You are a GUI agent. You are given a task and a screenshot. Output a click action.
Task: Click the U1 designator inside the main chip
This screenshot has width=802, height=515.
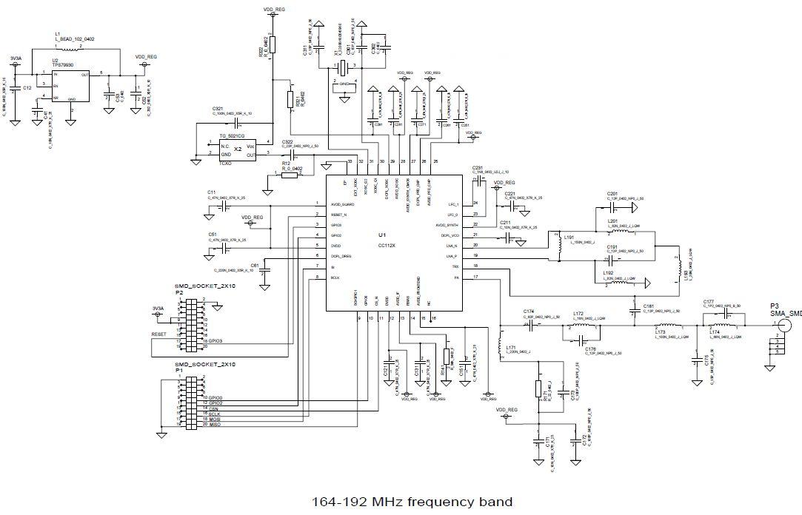382,235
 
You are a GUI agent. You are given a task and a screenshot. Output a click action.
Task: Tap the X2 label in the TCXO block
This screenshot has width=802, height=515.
238,149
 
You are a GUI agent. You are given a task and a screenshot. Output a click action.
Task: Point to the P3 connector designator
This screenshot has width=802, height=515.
774,306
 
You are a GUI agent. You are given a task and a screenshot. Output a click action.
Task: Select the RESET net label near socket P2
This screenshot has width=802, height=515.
159,334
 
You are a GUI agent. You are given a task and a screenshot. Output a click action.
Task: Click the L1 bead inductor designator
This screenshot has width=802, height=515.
58,34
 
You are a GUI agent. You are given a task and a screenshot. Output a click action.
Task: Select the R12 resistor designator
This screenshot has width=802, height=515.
286,164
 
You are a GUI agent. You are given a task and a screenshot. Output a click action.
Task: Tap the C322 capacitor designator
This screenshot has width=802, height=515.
287,141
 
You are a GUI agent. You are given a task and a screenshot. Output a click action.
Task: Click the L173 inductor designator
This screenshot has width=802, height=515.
661,332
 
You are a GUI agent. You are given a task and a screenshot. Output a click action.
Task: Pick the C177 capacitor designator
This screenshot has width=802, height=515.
709,302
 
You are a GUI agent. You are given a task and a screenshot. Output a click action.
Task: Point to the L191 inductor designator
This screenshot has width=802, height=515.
569,238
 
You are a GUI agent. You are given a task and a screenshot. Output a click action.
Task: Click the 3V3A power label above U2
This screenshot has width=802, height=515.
16,58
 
